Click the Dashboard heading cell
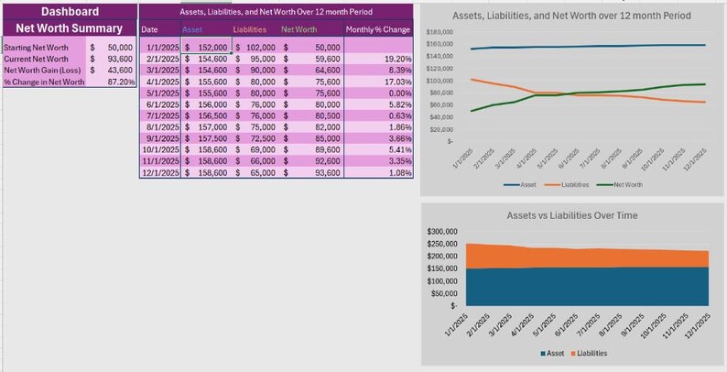[69, 12]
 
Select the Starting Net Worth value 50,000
[118, 47]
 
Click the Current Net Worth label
[36, 59]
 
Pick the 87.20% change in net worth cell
[120, 82]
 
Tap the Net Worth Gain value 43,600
[118, 70]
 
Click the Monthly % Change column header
[378, 29]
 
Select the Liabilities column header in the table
[250, 29]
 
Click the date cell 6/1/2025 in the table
[162, 104]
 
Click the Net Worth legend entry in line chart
[625, 184]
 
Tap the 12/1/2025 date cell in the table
[162, 172]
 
